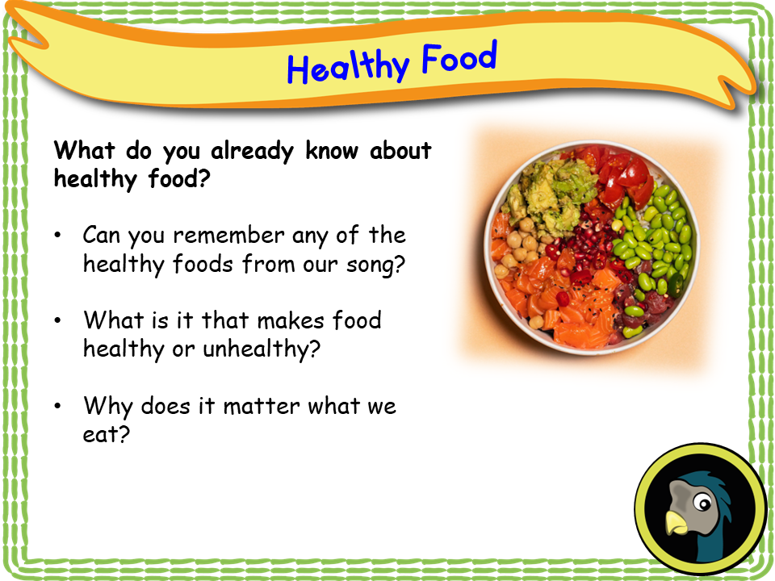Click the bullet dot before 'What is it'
(58, 321)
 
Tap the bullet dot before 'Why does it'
(58, 407)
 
